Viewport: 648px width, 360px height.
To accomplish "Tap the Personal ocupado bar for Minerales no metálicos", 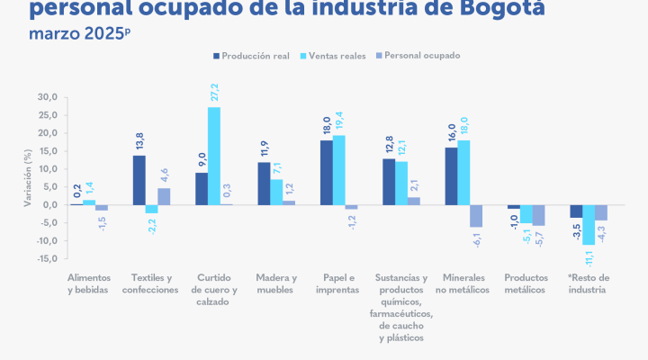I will tap(476, 216).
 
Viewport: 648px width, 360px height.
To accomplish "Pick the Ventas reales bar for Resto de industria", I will tap(589, 225).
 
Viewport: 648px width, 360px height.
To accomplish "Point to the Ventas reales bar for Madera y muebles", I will tap(276, 192).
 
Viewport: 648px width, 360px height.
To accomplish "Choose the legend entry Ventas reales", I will tap(337, 57).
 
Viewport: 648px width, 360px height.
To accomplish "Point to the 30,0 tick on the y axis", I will tap(47, 97).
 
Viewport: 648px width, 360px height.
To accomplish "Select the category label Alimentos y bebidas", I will tap(88, 283).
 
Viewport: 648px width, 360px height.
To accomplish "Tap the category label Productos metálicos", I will tap(526, 283).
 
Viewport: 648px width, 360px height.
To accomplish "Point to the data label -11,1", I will tap(589, 257).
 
